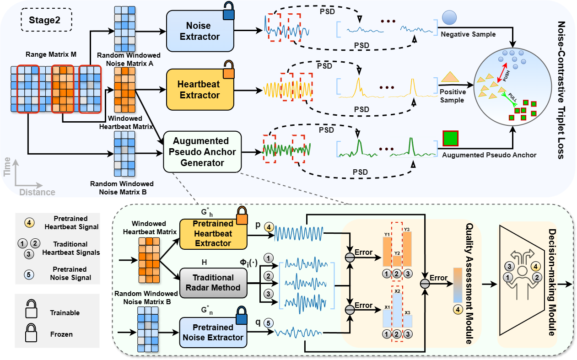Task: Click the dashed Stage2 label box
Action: pyautogui.click(x=46, y=21)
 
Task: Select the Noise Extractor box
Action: pyautogui.click(x=200, y=31)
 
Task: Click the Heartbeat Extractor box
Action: pyautogui.click(x=200, y=90)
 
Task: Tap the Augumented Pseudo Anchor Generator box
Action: pyautogui.click(x=202, y=151)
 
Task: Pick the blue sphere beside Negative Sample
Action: pyautogui.click(x=449, y=18)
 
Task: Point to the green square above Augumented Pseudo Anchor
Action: pyautogui.click(x=450, y=139)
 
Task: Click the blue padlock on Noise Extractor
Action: pyautogui.click(x=228, y=12)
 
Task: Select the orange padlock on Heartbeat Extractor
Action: pyautogui.click(x=228, y=71)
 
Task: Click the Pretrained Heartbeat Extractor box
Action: pyautogui.click(x=213, y=234)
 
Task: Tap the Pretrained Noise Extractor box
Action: pyautogui.click(x=213, y=332)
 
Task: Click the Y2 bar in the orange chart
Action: pyautogui.click(x=397, y=260)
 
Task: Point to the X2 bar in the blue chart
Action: pyautogui.click(x=397, y=311)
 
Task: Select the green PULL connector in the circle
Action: pyautogui.click(x=512, y=99)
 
